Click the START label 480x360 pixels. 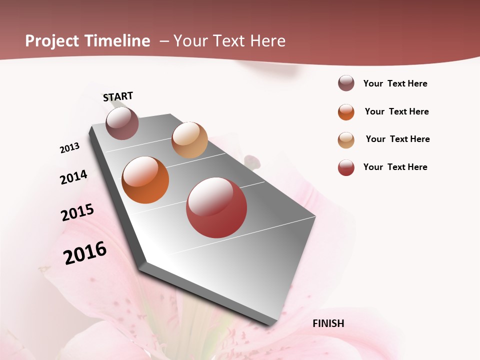118,96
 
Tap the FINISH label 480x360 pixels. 328,323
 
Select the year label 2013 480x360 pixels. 69,148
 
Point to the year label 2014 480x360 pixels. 73,177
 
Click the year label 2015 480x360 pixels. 77,212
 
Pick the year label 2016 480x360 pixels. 85,252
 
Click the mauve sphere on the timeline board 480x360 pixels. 122,123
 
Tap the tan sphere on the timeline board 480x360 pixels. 189,140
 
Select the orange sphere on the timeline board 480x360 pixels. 145,180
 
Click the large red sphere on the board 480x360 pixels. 216,207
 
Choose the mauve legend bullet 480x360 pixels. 346,83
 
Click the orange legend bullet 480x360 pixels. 346,112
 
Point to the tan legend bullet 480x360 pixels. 346,140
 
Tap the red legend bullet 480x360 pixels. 346,167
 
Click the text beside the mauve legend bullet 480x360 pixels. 395,83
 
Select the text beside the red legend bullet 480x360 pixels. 395,167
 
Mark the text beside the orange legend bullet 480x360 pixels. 396,111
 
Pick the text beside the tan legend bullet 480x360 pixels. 397,139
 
